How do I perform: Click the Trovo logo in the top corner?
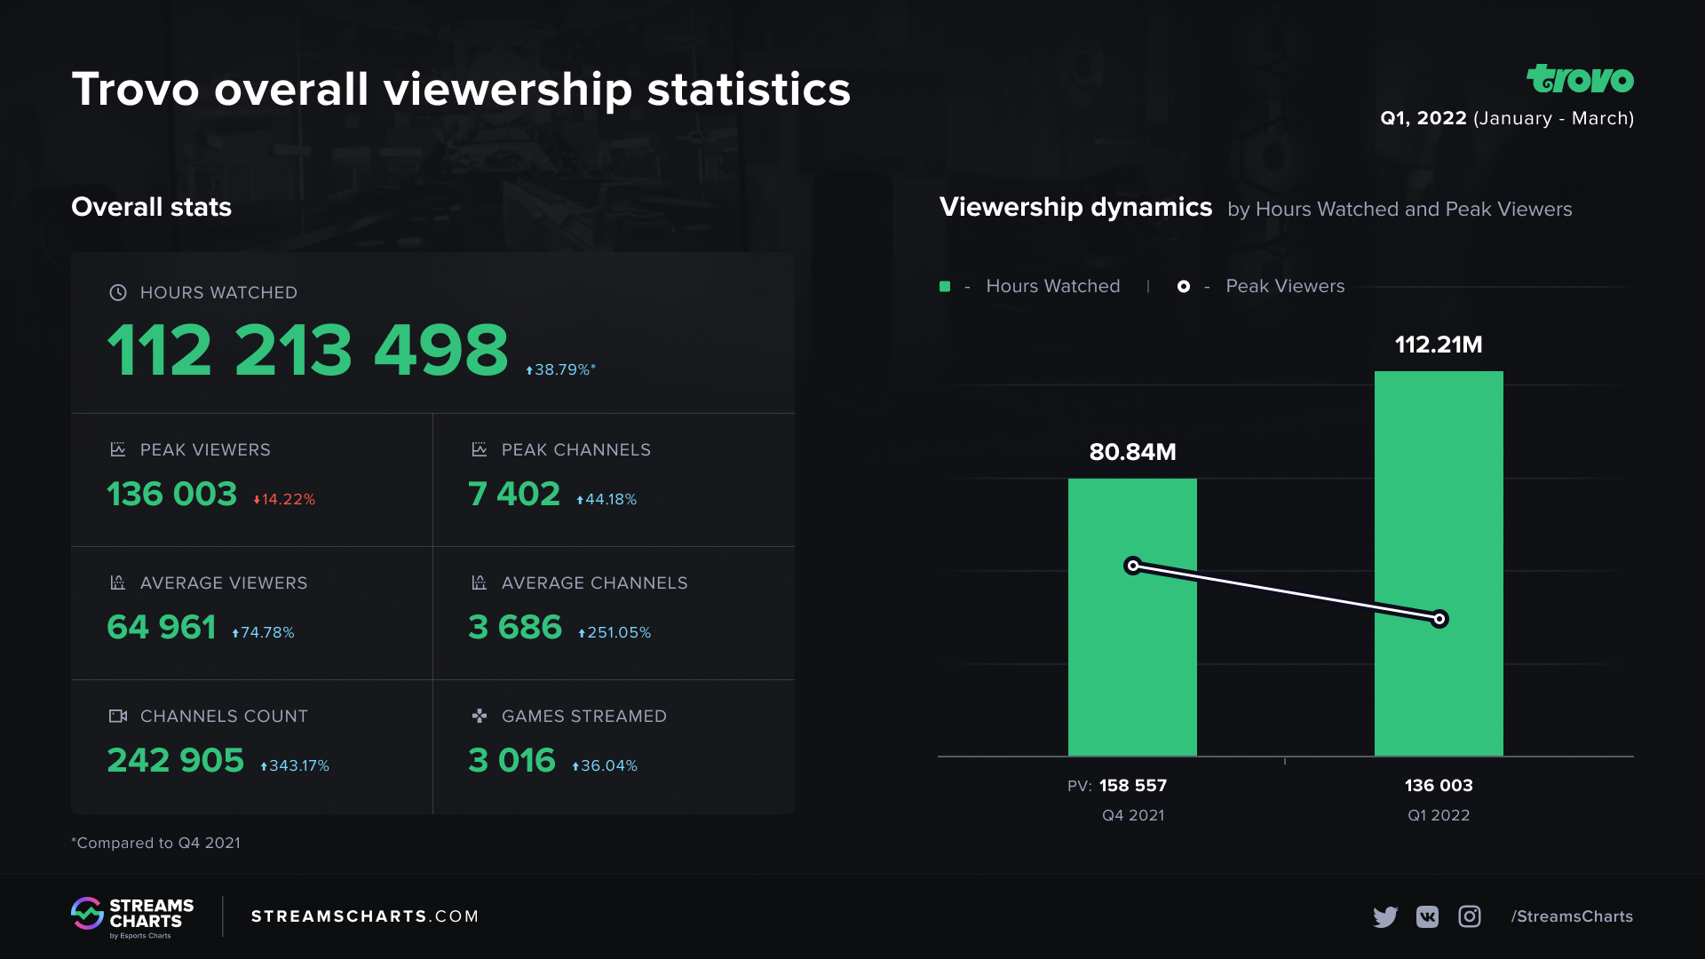1580,79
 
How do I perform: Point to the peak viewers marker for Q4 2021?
1133,566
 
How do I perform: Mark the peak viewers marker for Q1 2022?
1439,619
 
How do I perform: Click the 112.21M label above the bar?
1439,345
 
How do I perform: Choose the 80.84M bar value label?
1132,452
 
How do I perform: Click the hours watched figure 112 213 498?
307,350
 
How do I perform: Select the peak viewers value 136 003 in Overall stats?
172,494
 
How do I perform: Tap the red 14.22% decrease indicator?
284,499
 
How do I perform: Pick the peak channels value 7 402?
514,494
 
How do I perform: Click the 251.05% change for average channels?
615,632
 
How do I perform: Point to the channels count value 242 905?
176,760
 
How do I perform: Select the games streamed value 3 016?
511,760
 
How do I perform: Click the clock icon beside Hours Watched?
118,292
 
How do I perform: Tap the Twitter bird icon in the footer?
1384,916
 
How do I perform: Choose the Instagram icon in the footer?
1470,916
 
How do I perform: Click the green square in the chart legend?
945,286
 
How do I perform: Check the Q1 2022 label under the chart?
1439,815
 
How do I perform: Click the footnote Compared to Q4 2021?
156,843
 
